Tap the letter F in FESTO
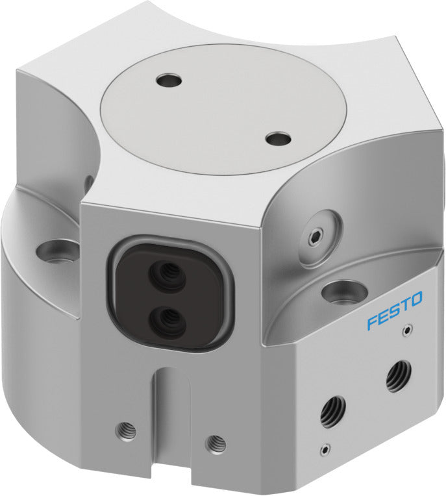(x=372, y=321)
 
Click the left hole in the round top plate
(x=169, y=81)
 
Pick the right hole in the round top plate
(x=279, y=138)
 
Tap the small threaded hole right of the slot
(x=216, y=444)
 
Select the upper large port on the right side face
(x=397, y=376)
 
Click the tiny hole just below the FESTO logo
(x=406, y=330)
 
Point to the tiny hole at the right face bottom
(x=324, y=448)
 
